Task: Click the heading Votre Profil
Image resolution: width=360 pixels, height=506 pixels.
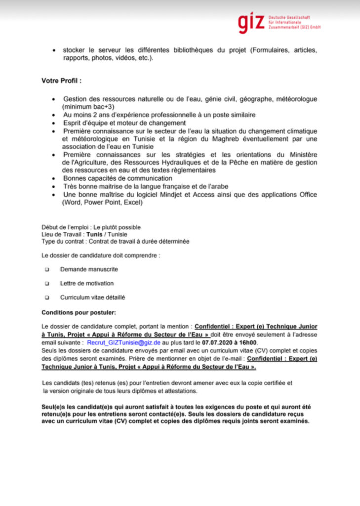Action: pos(61,80)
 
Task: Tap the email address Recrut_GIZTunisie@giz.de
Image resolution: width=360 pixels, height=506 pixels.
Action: pos(123,342)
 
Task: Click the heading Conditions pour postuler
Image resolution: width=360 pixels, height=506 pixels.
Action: pos(79,313)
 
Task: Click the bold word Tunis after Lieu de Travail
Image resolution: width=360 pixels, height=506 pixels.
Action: pos(95,234)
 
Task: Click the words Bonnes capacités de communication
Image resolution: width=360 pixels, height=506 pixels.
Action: pos(118,178)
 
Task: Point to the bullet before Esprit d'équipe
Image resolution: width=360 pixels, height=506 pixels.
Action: pos(53,123)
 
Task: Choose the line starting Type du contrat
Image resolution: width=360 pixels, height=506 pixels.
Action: pos(115,241)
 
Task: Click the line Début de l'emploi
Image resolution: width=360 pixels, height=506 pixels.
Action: pos(91,227)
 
